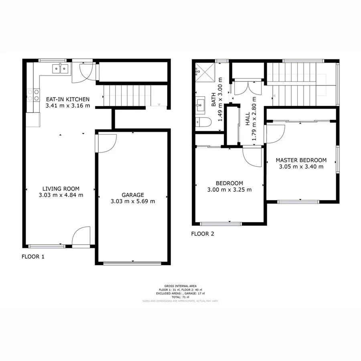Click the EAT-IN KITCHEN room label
pos(67,99)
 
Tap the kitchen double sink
pos(60,69)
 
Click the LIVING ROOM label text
pos(61,189)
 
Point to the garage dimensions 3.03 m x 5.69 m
pos(132,201)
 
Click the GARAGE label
pos(132,195)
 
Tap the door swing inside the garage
pos(106,143)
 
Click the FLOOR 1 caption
pos(33,257)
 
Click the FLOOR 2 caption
pos(202,233)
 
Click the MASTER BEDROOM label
pos(301,160)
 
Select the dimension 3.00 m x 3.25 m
pos(229,190)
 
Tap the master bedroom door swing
pos(275,134)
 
